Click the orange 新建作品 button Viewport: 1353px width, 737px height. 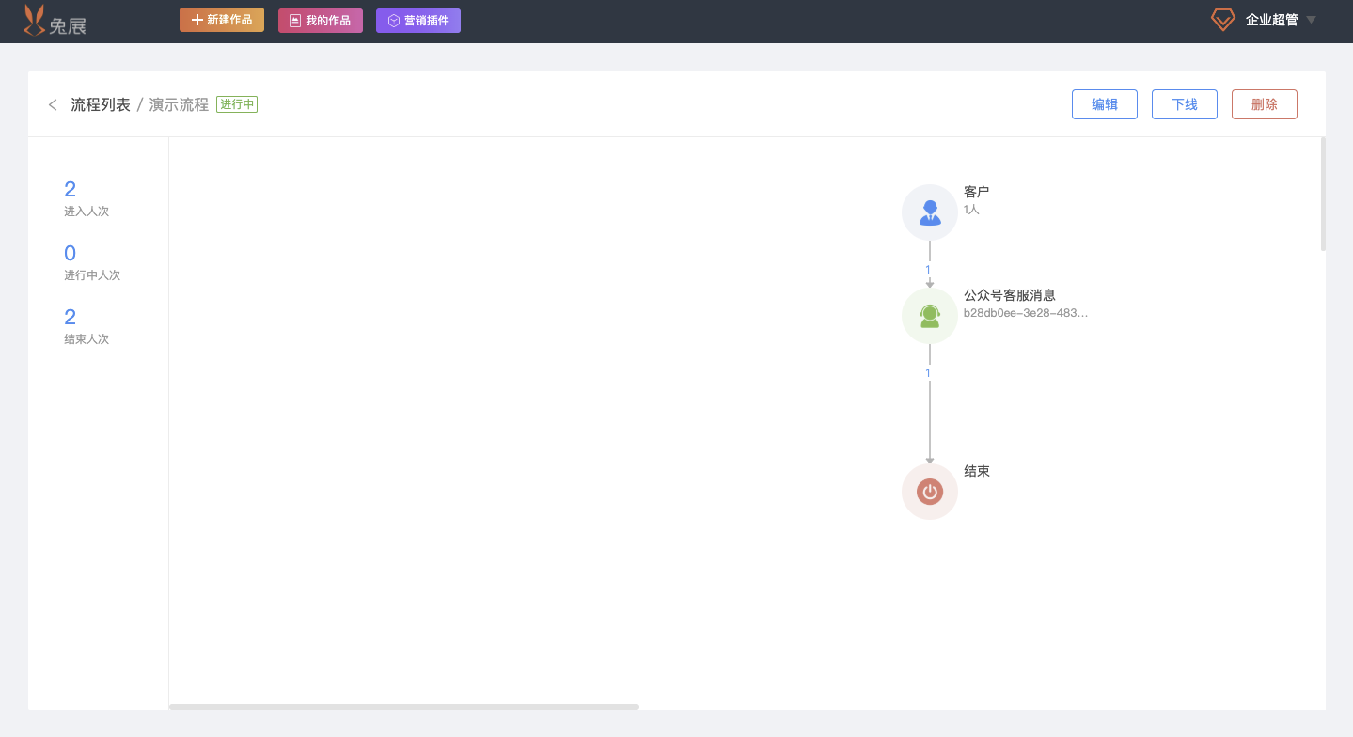pyautogui.click(x=222, y=20)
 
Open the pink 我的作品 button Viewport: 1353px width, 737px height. pyautogui.click(x=320, y=21)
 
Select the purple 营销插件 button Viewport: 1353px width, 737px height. pyautogui.click(x=418, y=21)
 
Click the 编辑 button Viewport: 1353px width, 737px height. pyautogui.click(x=1104, y=104)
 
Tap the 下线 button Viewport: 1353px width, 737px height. pyautogui.click(x=1184, y=104)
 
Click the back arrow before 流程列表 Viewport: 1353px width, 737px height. pyautogui.click(x=54, y=105)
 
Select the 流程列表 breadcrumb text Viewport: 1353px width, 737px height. pyautogui.click(x=101, y=104)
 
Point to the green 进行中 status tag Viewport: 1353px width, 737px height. pyautogui.click(x=237, y=104)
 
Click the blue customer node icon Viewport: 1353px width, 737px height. pyautogui.click(x=930, y=212)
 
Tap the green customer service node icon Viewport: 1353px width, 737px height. pyautogui.click(x=930, y=316)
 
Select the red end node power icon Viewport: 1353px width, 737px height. pyautogui.click(x=930, y=492)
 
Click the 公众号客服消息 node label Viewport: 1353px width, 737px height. pyautogui.click(x=1009, y=295)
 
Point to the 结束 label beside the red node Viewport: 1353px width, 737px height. pyautogui.click(x=977, y=471)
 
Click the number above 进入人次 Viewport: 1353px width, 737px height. pyautogui.click(x=71, y=189)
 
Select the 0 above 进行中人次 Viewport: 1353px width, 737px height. pyautogui.click(x=71, y=253)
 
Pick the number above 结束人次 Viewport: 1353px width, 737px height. pyautogui.click(x=71, y=317)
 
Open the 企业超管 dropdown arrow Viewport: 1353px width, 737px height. pyautogui.click(x=1312, y=20)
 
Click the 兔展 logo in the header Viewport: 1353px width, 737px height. pyautogui.click(x=55, y=21)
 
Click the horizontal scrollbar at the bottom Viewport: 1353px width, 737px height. pyautogui.click(x=404, y=706)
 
